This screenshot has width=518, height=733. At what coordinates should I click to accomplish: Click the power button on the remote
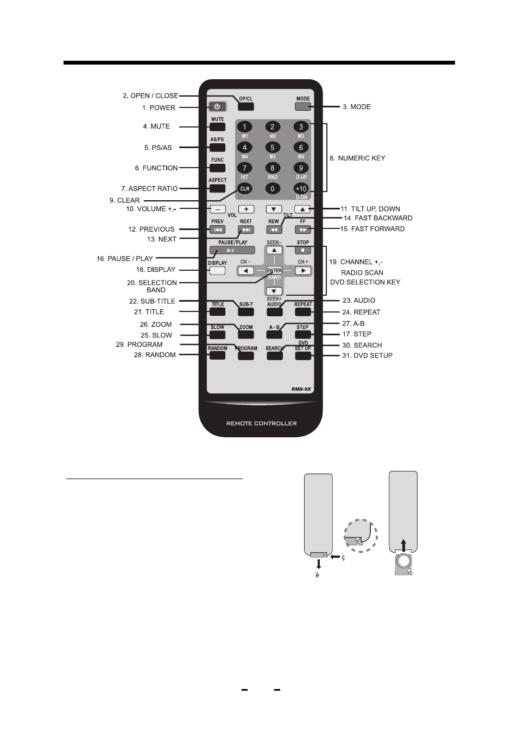pyautogui.click(x=217, y=107)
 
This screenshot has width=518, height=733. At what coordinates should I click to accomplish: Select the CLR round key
pyautogui.click(x=244, y=188)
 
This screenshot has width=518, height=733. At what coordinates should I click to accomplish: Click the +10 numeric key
pyautogui.click(x=301, y=188)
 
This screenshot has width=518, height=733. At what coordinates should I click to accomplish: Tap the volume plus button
pyautogui.click(x=246, y=209)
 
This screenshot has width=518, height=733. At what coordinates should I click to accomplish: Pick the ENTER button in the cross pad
pyautogui.click(x=274, y=271)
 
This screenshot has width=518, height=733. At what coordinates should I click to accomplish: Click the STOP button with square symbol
pyautogui.click(x=303, y=250)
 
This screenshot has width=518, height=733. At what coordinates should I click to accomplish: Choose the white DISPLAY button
pyautogui.click(x=217, y=271)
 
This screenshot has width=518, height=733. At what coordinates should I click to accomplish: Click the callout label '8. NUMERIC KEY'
pyautogui.click(x=357, y=158)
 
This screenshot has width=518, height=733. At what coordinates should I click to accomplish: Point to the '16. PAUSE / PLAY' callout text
pyautogui.click(x=125, y=258)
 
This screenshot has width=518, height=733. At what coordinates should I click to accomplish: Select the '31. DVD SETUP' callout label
pyautogui.click(x=368, y=355)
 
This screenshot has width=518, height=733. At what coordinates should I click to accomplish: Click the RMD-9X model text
pyautogui.click(x=301, y=389)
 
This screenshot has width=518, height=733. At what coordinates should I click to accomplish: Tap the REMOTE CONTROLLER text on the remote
pyautogui.click(x=261, y=423)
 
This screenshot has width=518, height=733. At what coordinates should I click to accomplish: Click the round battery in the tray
pyautogui.click(x=403, y=562)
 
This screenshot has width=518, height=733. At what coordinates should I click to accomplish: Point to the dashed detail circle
pyautogui.click(x=361, y=536)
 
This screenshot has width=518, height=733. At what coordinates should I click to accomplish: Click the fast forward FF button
pyautogui.click(x=303, y=230)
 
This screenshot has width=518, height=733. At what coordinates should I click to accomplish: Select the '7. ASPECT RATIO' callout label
pyautogui.click(x=149, y=189)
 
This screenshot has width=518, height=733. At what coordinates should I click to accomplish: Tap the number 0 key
pyautogui.click(x=273, y=188)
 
